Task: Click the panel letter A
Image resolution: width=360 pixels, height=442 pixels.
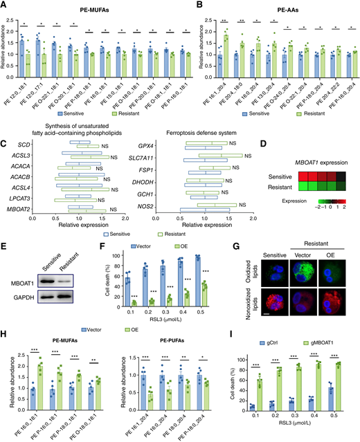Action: pos(5,6)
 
